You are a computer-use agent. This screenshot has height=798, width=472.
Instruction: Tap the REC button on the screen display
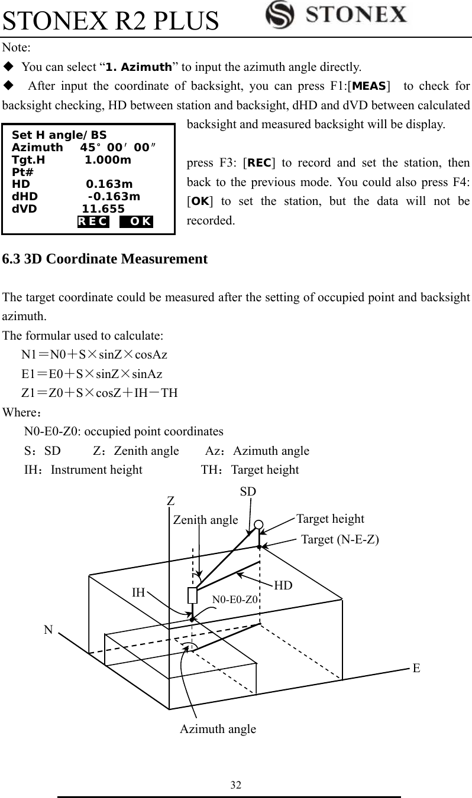[93, 222]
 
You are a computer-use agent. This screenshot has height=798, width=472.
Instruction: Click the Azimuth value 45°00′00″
[118, 148]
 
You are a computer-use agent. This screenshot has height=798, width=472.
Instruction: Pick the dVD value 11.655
[103, 209]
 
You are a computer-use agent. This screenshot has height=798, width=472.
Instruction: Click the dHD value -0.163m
[114, 196]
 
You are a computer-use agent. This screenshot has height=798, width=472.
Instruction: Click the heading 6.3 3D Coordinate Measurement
[105, 259]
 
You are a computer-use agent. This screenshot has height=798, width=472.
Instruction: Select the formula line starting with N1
[94, 355]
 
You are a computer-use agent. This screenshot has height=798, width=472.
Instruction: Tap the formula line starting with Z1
[99, 393]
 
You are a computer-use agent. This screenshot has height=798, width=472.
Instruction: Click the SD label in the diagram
[248, 491]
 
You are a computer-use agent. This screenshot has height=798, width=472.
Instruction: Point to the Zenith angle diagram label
[205, 520]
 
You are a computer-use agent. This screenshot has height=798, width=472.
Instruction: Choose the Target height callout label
[330, 519]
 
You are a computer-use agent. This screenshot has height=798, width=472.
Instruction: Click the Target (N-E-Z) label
[340, 539]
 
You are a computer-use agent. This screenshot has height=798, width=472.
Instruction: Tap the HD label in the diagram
[283, 585]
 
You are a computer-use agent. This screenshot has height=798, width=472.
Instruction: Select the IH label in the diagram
[138, 592]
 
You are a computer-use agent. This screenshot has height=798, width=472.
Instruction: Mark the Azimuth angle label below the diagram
[218, 729]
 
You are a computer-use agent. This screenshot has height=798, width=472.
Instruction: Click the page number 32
[235, 785]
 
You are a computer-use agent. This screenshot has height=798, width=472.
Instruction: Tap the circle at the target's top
[258, 525]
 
